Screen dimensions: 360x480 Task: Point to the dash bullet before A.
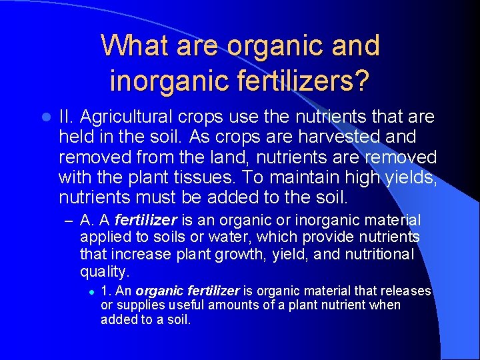coord(69,221)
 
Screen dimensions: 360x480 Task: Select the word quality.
coord(104,271)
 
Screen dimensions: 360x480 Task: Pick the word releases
coord(407,291)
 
